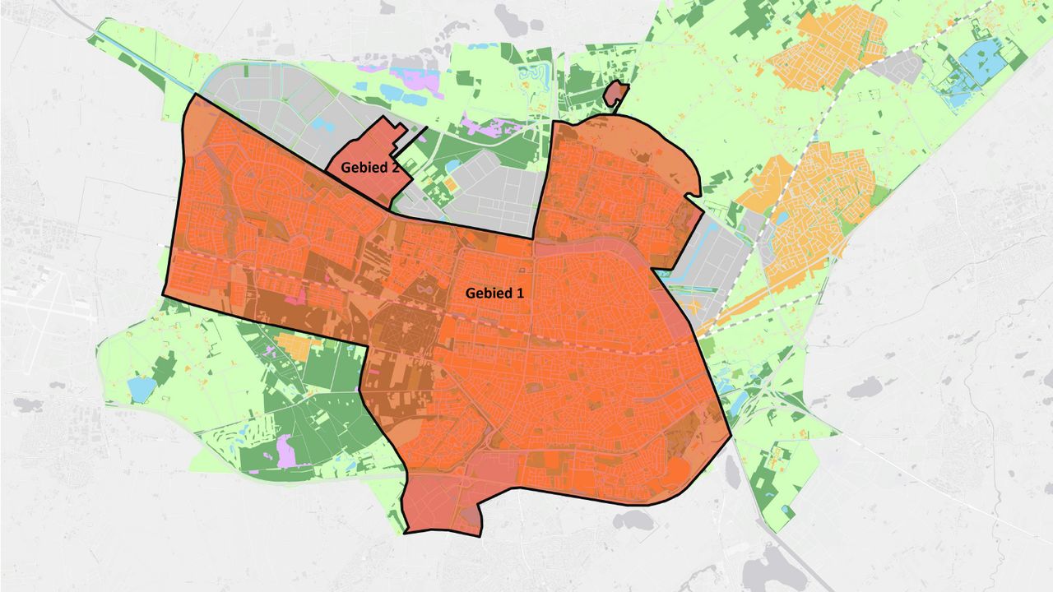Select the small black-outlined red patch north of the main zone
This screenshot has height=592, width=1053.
(x=615, y=94)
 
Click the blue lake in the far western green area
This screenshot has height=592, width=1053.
(x=141, y=389)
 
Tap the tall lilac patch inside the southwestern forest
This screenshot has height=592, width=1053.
(x=285, y=450)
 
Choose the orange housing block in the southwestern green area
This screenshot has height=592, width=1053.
(x=292, y=345)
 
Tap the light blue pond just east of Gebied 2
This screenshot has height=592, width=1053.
(x=452, y=168)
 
